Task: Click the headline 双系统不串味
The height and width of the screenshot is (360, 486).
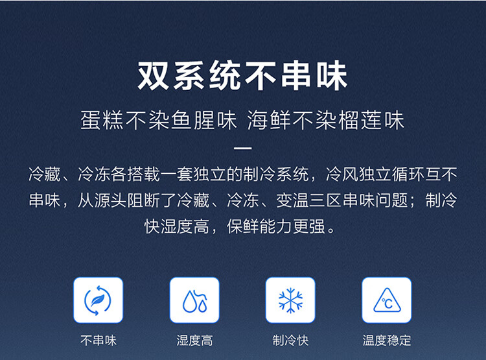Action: [x=242, y=76]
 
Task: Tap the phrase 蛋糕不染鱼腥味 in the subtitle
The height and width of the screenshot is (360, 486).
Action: [x=159, y=120]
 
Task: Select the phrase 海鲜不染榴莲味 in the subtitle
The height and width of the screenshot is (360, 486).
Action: [x=326, y=120]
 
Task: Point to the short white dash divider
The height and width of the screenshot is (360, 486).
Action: [x=243, y=148]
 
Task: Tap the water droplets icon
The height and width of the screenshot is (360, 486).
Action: [x=194, y=301]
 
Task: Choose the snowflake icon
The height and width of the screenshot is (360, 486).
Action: [x=290, y=300]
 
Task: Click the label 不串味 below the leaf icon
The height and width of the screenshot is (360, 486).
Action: [x=98, y=340]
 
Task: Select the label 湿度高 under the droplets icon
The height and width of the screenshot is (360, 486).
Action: [x=194, y=340]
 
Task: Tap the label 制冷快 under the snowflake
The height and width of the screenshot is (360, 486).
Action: [x=290, y=340]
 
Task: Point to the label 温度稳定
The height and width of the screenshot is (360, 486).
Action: [x=387, y=340]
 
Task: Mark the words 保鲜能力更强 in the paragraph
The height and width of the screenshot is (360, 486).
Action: [x=276, y=226]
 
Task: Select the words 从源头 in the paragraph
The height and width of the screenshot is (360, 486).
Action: [x=102, y=200]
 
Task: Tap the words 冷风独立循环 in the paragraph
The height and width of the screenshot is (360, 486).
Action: [x=375, y=174]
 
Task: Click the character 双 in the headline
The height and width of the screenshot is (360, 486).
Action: [x=153, y=76]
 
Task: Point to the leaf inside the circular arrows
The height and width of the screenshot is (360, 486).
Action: [x=98, y=300]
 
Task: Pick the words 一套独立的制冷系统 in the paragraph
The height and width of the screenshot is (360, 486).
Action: [x=235, y=174]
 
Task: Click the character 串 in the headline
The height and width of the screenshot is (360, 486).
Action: [x=296, y=76]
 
